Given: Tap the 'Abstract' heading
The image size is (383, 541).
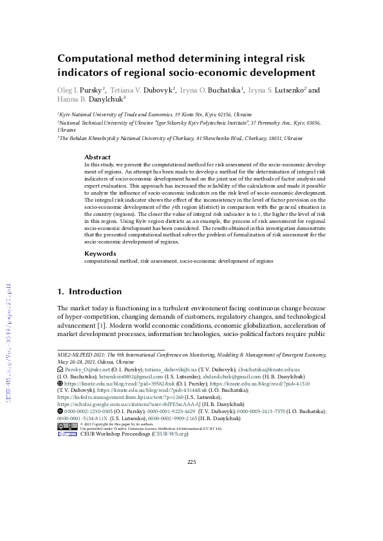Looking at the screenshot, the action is tap(97, 157).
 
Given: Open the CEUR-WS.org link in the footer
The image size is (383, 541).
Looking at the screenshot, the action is tap(169, 434).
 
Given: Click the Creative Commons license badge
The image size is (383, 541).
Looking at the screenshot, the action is tap(67, 425).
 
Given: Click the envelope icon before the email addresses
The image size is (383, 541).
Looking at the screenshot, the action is tap(60, 371).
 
